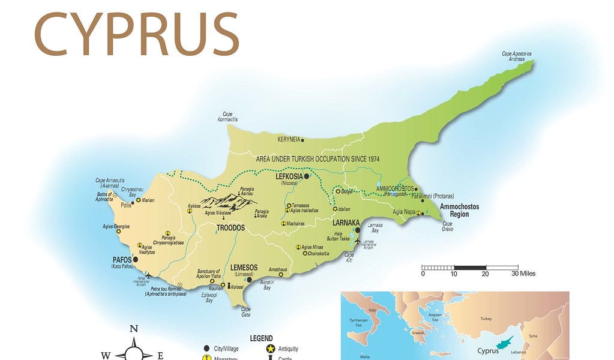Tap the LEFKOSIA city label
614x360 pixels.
(288, 177)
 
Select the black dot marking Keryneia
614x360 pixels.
(302, 140)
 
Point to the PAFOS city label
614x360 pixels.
(122, 259)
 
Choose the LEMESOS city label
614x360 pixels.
(244, 268)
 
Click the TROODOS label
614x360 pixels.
(230, 229)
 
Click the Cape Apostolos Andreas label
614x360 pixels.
(516, 56)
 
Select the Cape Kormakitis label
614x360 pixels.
(227, 116)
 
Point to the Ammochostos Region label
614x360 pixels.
(459, 210)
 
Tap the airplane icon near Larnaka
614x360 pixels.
(358, 241)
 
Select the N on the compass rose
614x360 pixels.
(134, 328)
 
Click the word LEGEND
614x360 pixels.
(261, 338)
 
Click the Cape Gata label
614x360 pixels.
(246, 311)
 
